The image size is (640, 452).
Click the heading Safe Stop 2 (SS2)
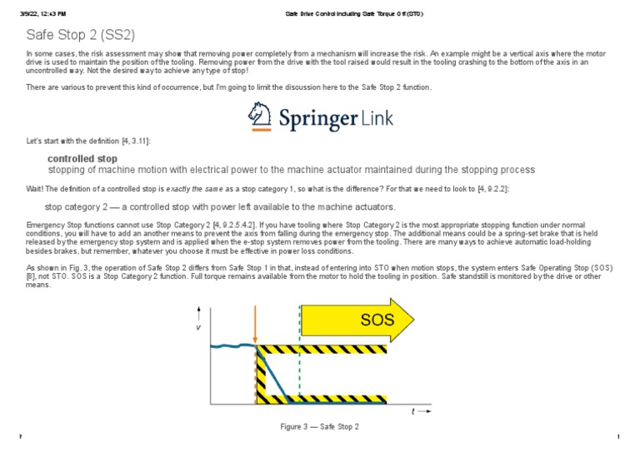[x=80, y=35]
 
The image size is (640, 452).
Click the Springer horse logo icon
[x=260, y=117]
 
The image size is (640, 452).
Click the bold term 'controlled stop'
[x=82, y=158]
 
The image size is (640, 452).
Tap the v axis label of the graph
[x=198, y=326]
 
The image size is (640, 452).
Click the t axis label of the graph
[x=414, y=411]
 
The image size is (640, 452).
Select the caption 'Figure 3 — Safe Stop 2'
[x=319, y=426]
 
